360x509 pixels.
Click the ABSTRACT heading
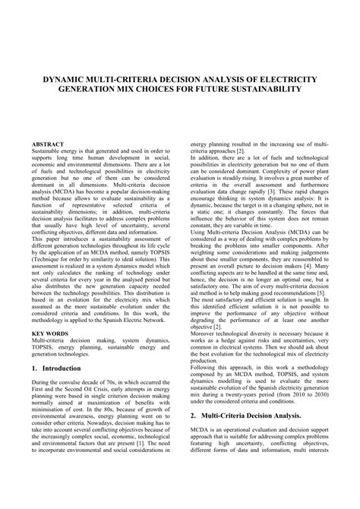[48, 144]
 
